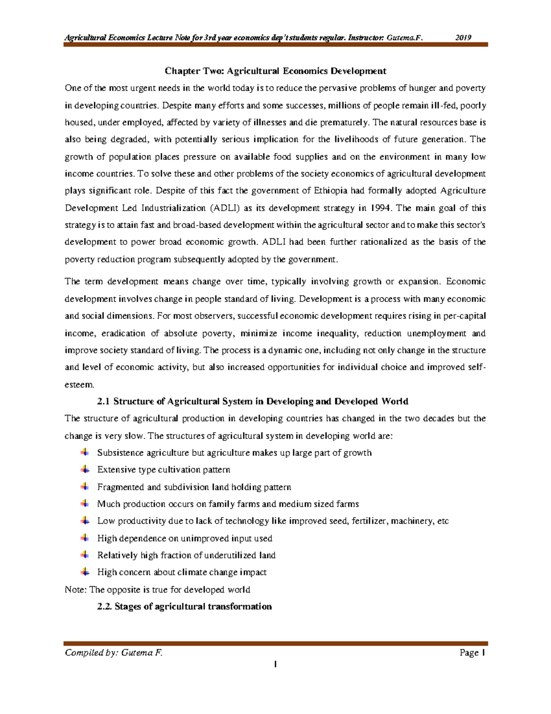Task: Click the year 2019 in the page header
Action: point(463,38)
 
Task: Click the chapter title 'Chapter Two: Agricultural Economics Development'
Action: point(275,71)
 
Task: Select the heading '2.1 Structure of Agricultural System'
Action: point(253,401)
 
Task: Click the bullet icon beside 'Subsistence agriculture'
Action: point(85,452)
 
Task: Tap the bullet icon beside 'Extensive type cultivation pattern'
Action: point(85,469)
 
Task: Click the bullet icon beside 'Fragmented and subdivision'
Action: point(85,486)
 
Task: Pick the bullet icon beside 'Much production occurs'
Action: point(85,503)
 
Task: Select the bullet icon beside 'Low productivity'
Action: point(85,520)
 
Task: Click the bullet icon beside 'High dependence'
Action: point(85,538)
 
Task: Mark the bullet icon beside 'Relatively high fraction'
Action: point(85,555)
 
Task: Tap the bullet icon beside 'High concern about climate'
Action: point(85,572)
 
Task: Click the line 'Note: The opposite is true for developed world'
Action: point(157,589)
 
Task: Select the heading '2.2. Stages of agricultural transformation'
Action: point(184,606)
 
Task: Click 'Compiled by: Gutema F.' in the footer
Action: point(114,653)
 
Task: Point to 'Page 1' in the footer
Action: point(472,653)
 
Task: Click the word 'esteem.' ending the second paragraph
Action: point(79,384)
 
